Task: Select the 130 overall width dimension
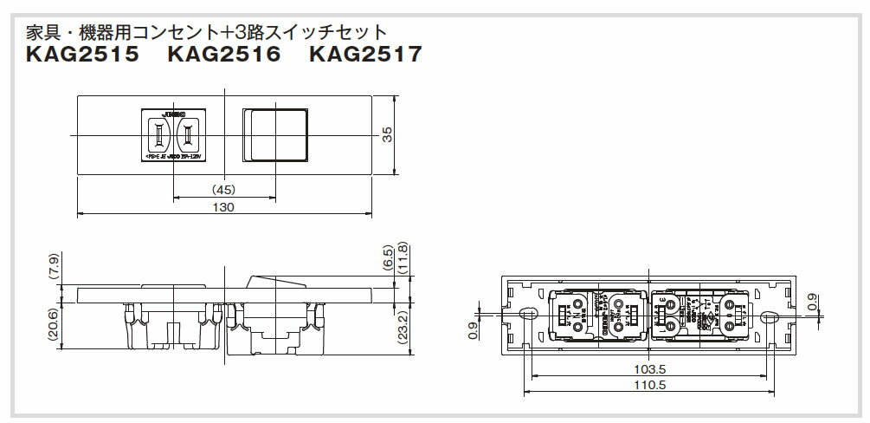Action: pos(224,208)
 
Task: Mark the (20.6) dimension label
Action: pos(55,325)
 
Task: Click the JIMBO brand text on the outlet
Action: pos(177,114)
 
